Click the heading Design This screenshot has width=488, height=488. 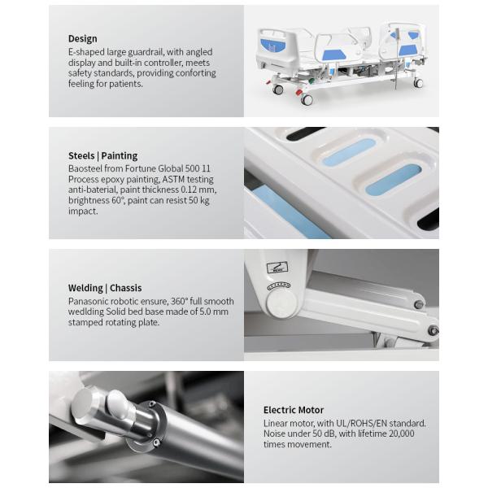(82, 38)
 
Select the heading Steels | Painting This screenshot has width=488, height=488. (102, 155)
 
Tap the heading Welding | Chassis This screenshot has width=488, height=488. (105, 287)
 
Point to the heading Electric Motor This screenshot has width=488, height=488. (293, 410)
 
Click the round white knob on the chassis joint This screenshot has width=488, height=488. (279, 304)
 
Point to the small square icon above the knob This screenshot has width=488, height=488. (277, 267)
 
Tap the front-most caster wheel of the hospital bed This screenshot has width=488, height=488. (306, 99)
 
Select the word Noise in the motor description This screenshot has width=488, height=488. (277, 434)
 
